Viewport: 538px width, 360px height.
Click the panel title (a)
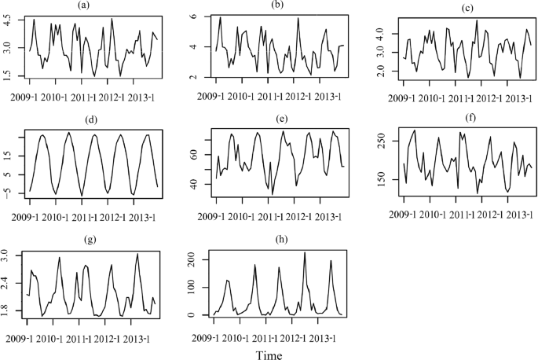(94, 6)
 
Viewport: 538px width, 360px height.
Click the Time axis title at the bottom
(273, 354)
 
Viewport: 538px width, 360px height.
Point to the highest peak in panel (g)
(137, 254)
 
